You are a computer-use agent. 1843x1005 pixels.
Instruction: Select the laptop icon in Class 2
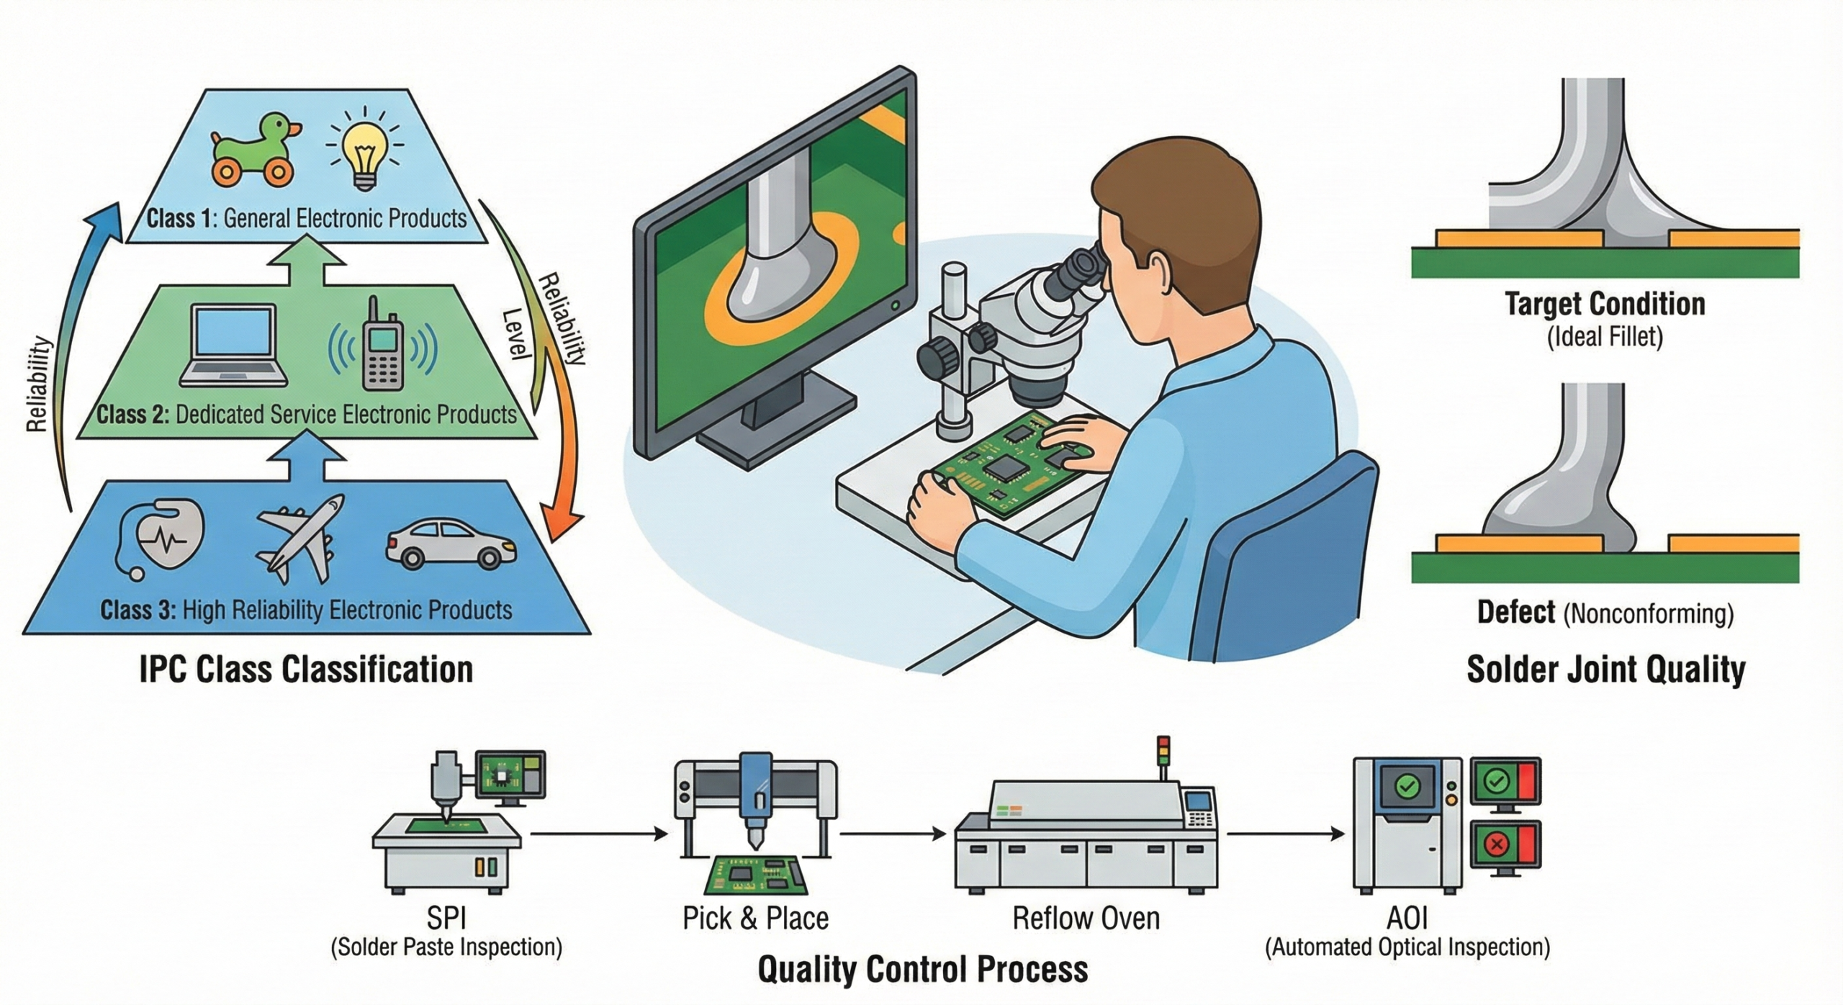[x=235, y=346]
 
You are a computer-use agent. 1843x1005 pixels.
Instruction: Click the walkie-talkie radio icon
[x=382, y=344]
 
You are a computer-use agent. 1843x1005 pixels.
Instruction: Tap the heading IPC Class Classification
[x=306, y=670]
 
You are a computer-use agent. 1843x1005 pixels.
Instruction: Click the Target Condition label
[x=1605, y=304]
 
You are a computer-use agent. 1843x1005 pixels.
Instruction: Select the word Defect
[x=1516, y=613]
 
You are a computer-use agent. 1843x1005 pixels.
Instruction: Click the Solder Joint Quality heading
[x=1606, y=670]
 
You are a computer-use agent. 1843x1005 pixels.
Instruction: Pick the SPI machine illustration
[x=450, y=828]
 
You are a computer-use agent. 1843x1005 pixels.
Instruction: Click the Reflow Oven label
[x=1086, y=919]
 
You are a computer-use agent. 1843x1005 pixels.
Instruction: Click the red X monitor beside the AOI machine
[x=1505, y=845]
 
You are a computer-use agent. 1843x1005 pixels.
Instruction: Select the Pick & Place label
[x=755, y=919]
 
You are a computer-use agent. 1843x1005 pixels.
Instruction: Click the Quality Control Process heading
[x=922, y=969]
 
